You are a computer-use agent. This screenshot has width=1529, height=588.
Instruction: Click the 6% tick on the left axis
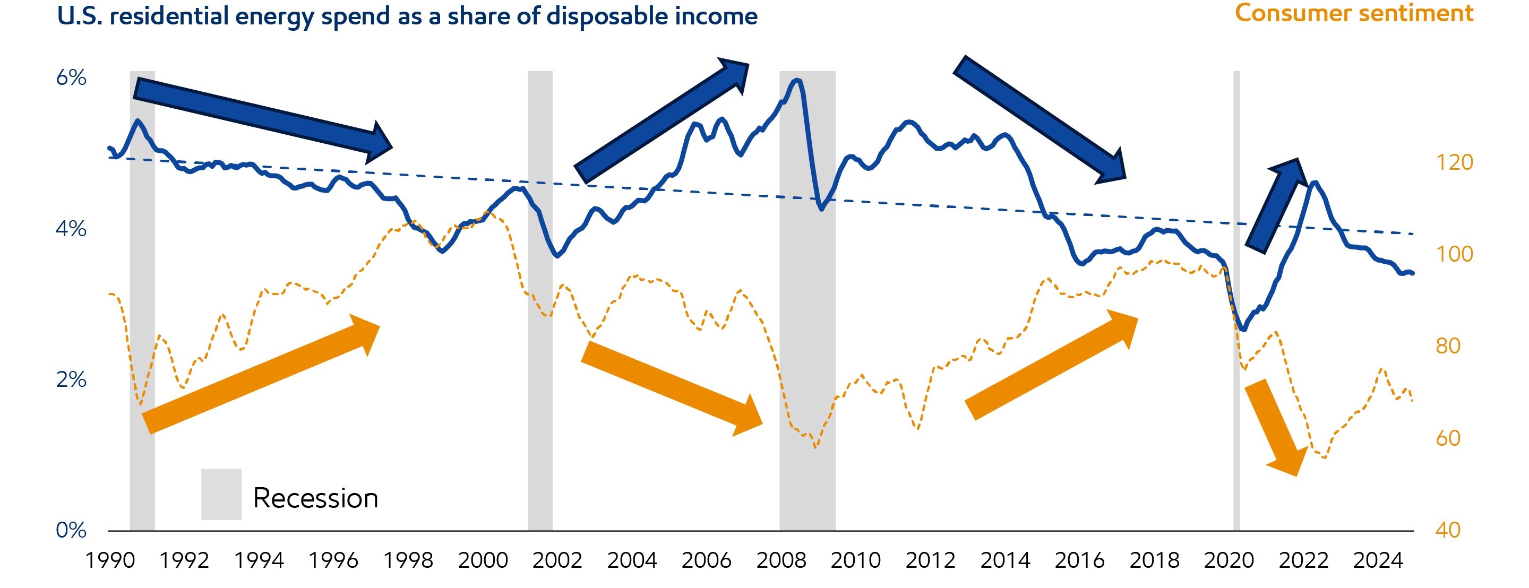71,77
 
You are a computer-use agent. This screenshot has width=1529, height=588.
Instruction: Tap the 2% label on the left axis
71,378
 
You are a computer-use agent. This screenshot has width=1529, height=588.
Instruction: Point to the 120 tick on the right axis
1454,162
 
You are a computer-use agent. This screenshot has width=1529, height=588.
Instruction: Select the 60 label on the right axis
1448,438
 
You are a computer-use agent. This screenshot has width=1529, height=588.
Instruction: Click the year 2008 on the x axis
780,559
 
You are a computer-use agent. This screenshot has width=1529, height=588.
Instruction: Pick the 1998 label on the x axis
408,559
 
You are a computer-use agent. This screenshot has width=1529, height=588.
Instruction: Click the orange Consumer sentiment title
1353,13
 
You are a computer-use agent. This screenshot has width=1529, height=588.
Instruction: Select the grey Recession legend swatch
221,494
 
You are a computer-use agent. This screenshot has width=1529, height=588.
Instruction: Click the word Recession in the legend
315,498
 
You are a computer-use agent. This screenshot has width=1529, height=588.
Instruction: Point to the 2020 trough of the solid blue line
1243,330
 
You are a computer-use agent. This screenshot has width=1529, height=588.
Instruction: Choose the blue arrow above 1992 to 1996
261,119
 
